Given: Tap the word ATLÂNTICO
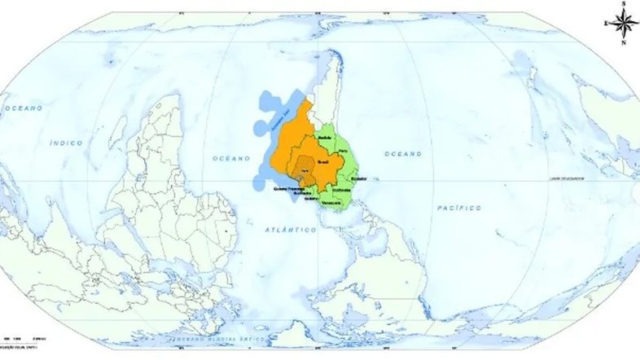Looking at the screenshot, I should (x=290, y=230).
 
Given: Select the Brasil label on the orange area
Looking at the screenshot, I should (x=322, y=163).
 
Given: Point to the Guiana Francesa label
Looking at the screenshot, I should (x=287, y=189).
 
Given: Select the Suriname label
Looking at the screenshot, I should (x=292, y=194).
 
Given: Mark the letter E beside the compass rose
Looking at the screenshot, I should (x=606, y=24).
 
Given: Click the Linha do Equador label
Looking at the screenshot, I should (x=567, y=178).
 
